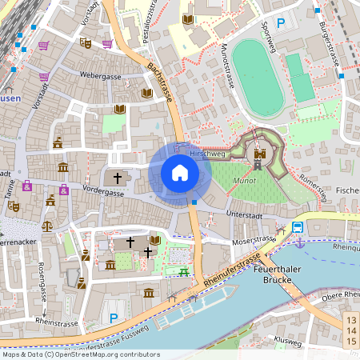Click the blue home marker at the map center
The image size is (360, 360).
point(180,172)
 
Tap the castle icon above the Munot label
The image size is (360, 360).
point(258,158)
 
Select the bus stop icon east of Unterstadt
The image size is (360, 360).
point(298,226)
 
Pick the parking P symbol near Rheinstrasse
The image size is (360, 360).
point(114,318)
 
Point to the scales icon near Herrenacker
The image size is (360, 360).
point(46,226)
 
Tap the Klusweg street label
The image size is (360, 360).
point(287,342)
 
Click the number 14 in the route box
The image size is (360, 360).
point(350,331)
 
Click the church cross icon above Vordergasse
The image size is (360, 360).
point(118,178)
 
